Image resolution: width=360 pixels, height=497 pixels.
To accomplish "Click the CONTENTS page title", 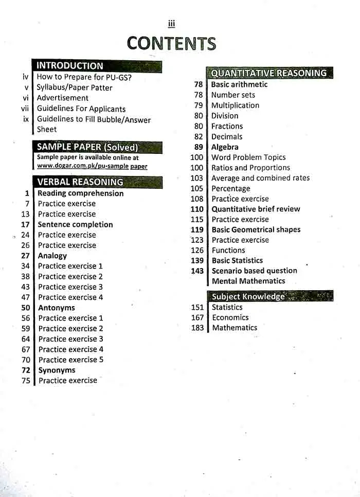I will (171, 43).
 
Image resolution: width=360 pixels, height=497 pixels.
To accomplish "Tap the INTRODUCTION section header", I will (70, 66).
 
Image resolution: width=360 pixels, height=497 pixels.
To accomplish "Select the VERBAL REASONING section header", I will (80, 182).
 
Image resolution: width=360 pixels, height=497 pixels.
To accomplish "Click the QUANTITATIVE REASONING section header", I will (268, 73).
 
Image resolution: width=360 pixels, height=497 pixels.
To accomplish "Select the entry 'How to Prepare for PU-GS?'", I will (84, 77).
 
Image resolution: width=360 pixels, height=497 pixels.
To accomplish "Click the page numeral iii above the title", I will (171, 23).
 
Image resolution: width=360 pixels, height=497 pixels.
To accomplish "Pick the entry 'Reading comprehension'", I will (81, 193).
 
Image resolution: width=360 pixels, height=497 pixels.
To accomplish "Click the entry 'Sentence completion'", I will (75, 224).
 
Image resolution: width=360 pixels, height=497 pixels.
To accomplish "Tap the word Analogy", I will (52, 256).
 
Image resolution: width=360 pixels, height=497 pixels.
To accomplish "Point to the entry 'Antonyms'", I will (57, 308).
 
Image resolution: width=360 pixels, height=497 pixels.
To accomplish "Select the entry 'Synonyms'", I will (57, 370).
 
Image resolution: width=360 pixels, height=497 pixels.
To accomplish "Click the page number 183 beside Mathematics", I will (197, 328).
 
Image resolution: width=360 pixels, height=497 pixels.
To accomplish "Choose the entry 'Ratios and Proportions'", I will (250, 168).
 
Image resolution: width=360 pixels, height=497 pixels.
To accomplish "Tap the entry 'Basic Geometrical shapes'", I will (256, 229).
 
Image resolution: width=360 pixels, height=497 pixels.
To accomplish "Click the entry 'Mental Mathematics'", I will (248, 281).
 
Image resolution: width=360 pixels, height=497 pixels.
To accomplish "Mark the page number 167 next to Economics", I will (197, 317).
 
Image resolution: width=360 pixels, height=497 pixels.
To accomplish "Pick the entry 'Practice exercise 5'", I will (71, 360).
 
